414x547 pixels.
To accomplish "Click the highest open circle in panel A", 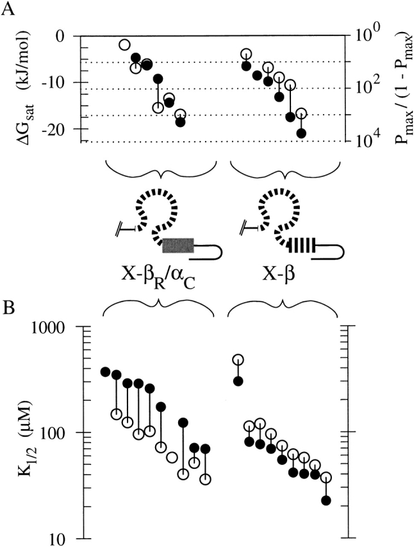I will click(x=124, y=44).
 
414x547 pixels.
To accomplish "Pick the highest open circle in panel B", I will click(x=238, y=360).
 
